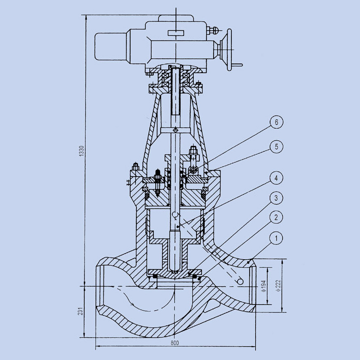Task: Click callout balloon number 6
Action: (x=277, y=123)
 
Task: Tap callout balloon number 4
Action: (x=277, y=178)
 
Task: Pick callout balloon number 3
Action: (x=277, y=198)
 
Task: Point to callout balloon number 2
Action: (x=277, y=218)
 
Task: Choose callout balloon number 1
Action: (x=277, y=239)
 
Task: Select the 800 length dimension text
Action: (x=174, y=343)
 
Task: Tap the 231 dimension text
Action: (x=81, y=311)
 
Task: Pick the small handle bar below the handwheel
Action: (x=238, y=64)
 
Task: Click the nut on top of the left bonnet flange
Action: (x=136, y=166)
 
